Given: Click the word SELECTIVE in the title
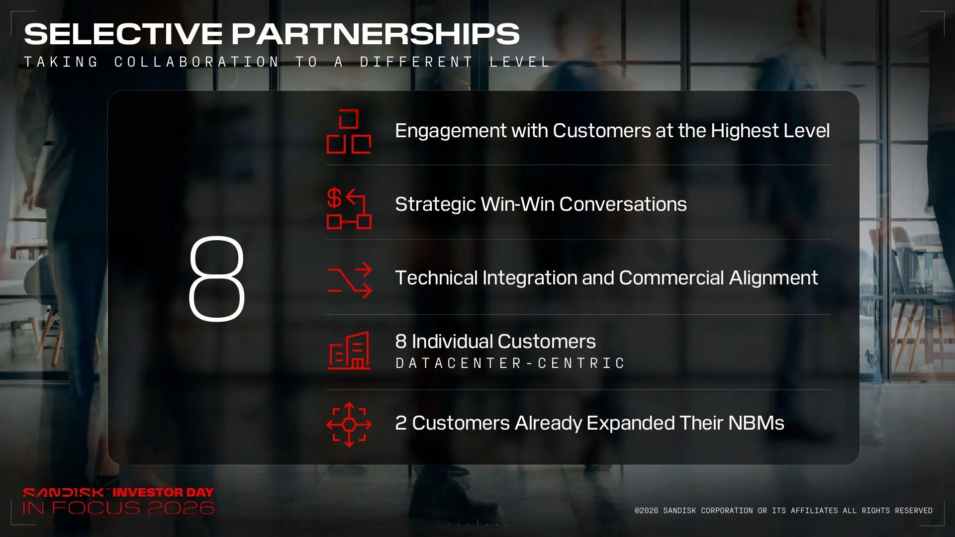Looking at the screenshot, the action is (123, 34).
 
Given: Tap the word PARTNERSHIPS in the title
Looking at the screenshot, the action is (376, 34).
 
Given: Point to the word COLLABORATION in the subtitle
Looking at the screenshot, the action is (197, 62).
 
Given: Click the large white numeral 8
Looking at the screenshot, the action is (217, 278).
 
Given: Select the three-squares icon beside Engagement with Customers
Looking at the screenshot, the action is (349, 131).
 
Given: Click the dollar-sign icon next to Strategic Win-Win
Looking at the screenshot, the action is (349, 208).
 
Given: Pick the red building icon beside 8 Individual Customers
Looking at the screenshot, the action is (349, 351).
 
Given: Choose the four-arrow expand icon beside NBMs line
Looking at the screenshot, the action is (349, 425).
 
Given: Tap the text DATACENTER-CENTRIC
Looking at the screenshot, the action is (510, 363).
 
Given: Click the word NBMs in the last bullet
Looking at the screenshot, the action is (756, 423).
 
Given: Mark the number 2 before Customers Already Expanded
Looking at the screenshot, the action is (401, 423).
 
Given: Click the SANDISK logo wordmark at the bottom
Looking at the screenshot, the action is (64, 493).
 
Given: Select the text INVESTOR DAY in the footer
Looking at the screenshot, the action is (163, 493).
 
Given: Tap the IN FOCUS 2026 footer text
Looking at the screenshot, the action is (118, 508).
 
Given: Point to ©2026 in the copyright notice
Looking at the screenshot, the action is (647, 511).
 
